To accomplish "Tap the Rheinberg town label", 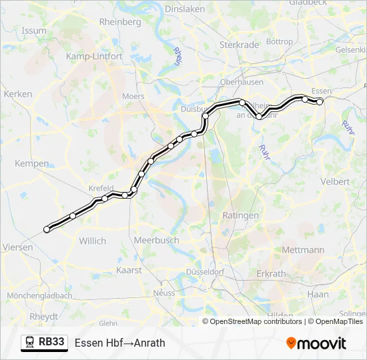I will tap(120, 21).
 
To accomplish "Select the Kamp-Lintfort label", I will tap(93, 57).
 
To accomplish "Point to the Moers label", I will tap(133, 96).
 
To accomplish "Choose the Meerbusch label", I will tap(153, 240).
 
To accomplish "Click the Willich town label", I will tap(92, 241).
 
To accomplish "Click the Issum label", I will tap(34, 31).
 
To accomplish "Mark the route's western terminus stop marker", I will tap(47, 229).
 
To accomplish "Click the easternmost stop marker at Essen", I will tap(320, 101).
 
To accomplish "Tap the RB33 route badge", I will tap(44, 343).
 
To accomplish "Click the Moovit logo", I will tap(316, 343).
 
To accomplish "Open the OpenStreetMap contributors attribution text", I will tap(256, 321).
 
